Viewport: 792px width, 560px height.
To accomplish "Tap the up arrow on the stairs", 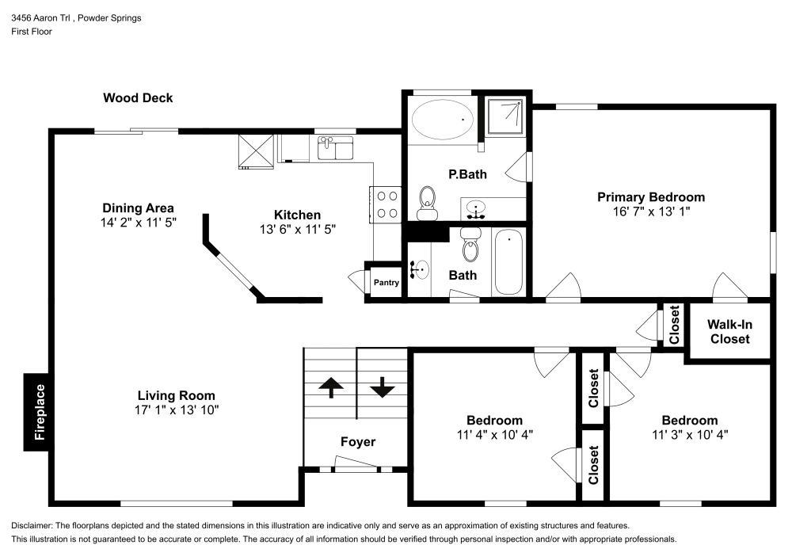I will (330, 387).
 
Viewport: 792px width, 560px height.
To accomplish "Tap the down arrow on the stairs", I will (383, 387).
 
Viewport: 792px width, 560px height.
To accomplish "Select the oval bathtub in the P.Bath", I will (443, 120).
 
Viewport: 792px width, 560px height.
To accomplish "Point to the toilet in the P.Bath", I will (427, 204).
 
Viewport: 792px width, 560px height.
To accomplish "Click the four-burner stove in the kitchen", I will (386, 204).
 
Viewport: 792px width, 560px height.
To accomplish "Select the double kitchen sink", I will (335, 148).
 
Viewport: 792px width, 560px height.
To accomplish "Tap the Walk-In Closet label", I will (728, 332).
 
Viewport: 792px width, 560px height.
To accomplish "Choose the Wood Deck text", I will (138, 98).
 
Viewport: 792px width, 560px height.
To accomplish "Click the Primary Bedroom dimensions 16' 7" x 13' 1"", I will (650, 211).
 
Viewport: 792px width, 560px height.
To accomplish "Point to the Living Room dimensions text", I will (176, 410).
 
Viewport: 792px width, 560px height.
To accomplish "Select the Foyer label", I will (358, 442).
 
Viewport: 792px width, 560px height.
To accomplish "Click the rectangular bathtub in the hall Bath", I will (507, 261).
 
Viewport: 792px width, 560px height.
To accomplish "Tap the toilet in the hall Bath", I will (470, 246).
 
